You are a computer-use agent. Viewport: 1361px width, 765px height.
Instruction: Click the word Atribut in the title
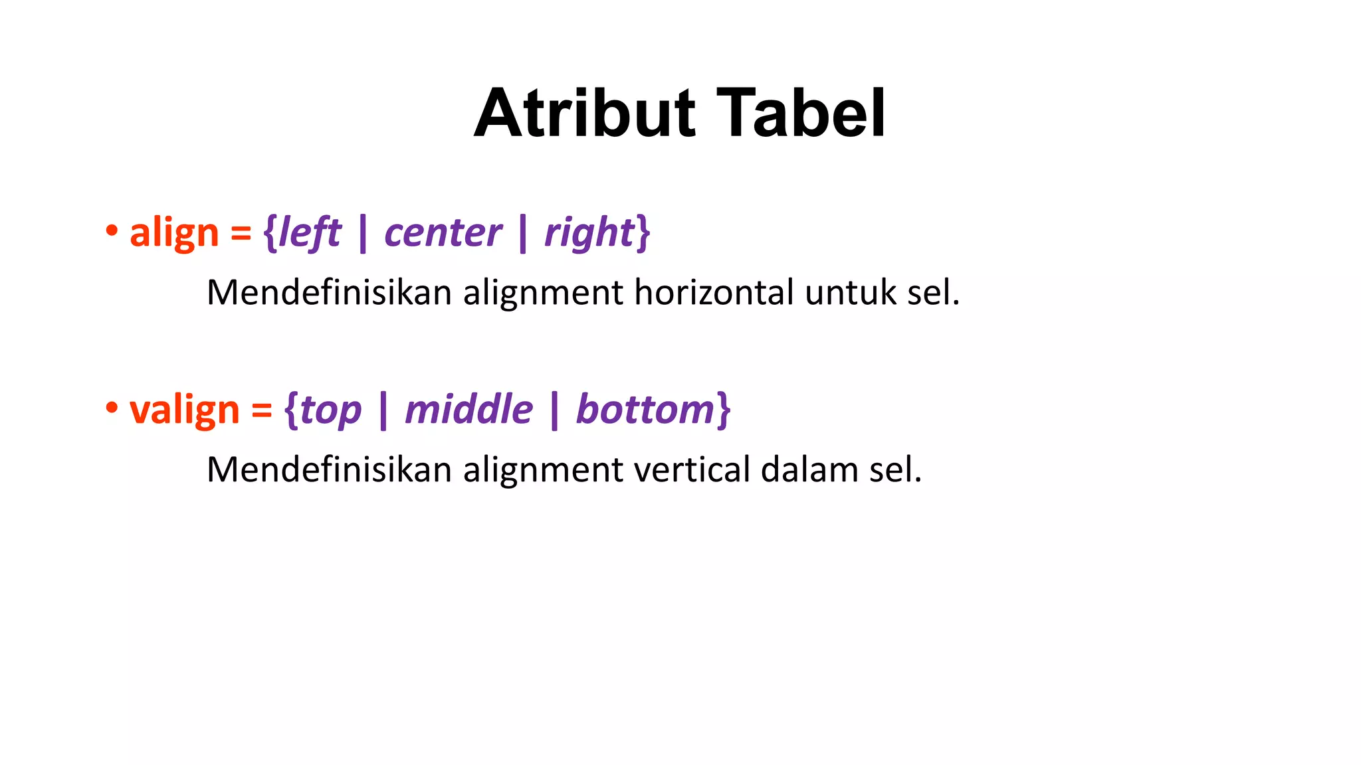tap(585, 114)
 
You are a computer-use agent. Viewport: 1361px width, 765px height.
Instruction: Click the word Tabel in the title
tap(801, 114)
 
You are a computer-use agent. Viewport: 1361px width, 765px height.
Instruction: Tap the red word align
tap(174, 234)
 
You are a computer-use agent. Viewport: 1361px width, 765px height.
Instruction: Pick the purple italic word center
tap(443, 234)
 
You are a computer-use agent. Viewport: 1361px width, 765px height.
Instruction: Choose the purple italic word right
tap(589, 234)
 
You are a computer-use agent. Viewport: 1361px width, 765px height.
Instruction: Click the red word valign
tap(184, 410)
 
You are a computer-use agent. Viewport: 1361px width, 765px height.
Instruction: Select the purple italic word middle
tap(469, 409)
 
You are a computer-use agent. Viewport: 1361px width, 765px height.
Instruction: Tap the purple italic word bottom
tap(645, 409)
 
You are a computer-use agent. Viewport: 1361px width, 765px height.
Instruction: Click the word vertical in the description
tap(692, 469)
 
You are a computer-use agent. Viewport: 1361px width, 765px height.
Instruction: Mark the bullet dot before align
tap(112, 232)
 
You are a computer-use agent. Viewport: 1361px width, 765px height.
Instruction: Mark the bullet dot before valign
tap(112, 408)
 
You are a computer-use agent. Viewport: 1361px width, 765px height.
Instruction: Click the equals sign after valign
tap(262, 410)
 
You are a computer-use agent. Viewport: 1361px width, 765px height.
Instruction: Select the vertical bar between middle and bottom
tap(554, 410)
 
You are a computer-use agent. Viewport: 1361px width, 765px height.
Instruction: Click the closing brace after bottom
tap(724, 410)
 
